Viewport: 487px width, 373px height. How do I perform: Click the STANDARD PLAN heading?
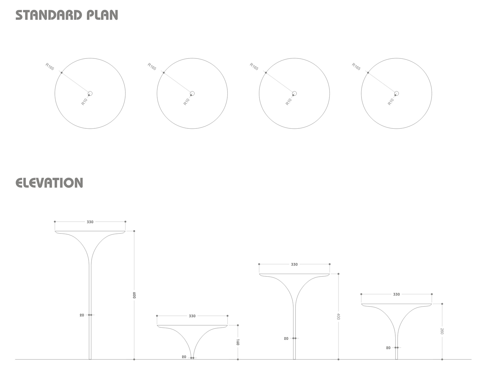(67, 15)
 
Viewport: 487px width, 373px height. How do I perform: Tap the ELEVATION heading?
(49, 182)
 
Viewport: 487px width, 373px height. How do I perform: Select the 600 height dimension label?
(134, 295)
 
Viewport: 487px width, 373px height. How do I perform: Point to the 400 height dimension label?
(339, 317)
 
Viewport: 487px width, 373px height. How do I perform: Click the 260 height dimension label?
(442, 331)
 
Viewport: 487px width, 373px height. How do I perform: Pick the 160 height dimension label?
(238, 342)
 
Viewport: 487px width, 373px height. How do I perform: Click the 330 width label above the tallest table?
(90, 222)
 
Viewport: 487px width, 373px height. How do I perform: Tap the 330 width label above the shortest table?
(192, 316)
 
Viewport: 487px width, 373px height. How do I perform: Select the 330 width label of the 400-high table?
(294, 265)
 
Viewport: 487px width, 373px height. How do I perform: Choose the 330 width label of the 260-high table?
(396, 294)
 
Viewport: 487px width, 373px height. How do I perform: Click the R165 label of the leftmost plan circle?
(50, 67)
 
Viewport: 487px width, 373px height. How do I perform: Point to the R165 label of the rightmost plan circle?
(356, 67)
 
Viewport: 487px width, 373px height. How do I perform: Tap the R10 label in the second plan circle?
(186, 102)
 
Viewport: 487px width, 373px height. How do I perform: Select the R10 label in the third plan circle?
(289, 102)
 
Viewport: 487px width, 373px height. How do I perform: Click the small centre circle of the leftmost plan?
(90, 93)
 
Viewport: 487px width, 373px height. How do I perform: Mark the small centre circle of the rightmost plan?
(396, 93)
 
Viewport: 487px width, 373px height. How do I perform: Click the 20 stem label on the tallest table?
(82, 315)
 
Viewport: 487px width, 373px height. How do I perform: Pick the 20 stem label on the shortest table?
(184, 357)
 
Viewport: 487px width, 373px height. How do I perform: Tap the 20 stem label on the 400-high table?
(286, 339)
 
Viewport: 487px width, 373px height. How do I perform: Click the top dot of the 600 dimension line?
(134, 231)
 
